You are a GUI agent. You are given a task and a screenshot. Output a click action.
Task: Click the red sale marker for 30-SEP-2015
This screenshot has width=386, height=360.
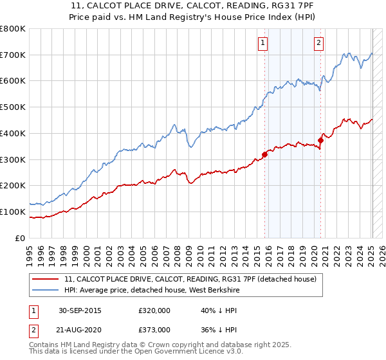264,154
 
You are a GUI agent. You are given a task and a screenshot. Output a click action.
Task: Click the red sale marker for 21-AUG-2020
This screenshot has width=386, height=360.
320,140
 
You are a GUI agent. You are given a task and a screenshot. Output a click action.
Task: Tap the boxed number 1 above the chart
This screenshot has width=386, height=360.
263,43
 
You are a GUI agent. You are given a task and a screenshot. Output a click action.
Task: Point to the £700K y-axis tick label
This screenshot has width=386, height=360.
13,55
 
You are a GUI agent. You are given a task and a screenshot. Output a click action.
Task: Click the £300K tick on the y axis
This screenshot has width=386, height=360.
13,159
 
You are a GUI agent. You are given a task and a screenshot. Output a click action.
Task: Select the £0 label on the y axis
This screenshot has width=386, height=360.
21,238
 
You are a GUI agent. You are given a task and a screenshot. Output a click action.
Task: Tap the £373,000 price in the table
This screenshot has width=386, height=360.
154,329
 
